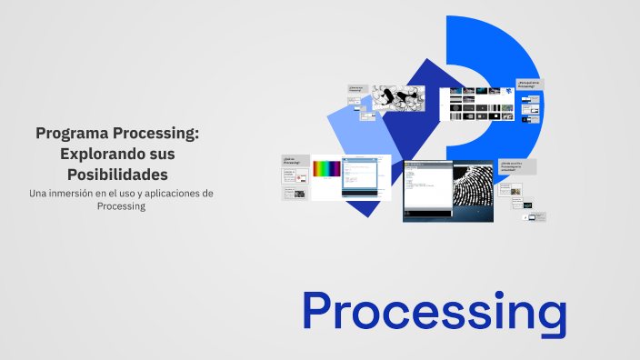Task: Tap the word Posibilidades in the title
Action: [x=117, y=174]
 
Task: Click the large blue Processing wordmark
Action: [x=434, y=311]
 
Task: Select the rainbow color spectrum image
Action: [x=326, y=168]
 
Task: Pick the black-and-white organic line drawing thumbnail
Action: [x=397, y=97]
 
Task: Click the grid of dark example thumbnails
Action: [x=475, y=104]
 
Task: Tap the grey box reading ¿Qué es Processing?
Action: [x=294, y=160]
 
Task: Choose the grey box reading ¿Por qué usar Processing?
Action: [x=530, y=84]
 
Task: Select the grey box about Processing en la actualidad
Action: [x=517, y=167]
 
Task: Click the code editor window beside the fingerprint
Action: [x=426, y=189]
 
